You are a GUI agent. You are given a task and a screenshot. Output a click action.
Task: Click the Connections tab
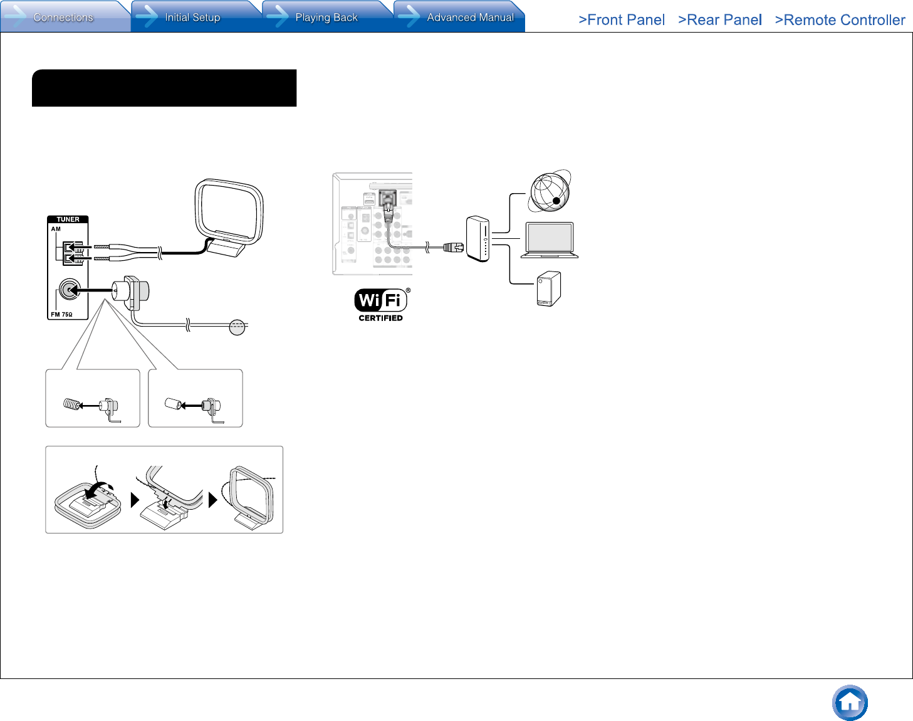(63, 17)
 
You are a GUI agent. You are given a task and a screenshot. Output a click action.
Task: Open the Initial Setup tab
(192, 17)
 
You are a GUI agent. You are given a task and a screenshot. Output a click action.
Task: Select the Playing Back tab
(326, 17)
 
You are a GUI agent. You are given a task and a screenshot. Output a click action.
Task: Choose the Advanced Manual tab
(470, 17)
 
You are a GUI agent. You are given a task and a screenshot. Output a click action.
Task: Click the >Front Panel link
(622, 20)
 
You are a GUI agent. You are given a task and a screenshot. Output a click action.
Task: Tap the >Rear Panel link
(720, 20)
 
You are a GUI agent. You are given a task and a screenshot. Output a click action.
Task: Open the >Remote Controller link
(840, 20)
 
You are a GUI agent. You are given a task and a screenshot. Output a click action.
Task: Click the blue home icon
(850, 703)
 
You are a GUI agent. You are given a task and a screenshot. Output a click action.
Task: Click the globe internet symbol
(550, 191)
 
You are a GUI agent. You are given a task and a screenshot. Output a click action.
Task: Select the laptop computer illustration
(550, 240)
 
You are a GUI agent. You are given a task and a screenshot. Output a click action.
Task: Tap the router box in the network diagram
(477, 239)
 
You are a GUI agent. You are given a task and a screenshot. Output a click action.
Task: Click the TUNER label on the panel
(68, 219)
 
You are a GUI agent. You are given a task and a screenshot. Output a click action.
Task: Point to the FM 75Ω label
(61, 315)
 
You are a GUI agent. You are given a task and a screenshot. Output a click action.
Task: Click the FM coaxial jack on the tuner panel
(68, 290)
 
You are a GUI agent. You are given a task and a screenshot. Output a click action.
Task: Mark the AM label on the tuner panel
(56, 229)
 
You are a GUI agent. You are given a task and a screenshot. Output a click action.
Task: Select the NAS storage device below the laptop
(549, 289)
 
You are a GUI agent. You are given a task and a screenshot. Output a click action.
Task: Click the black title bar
(164, 88)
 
